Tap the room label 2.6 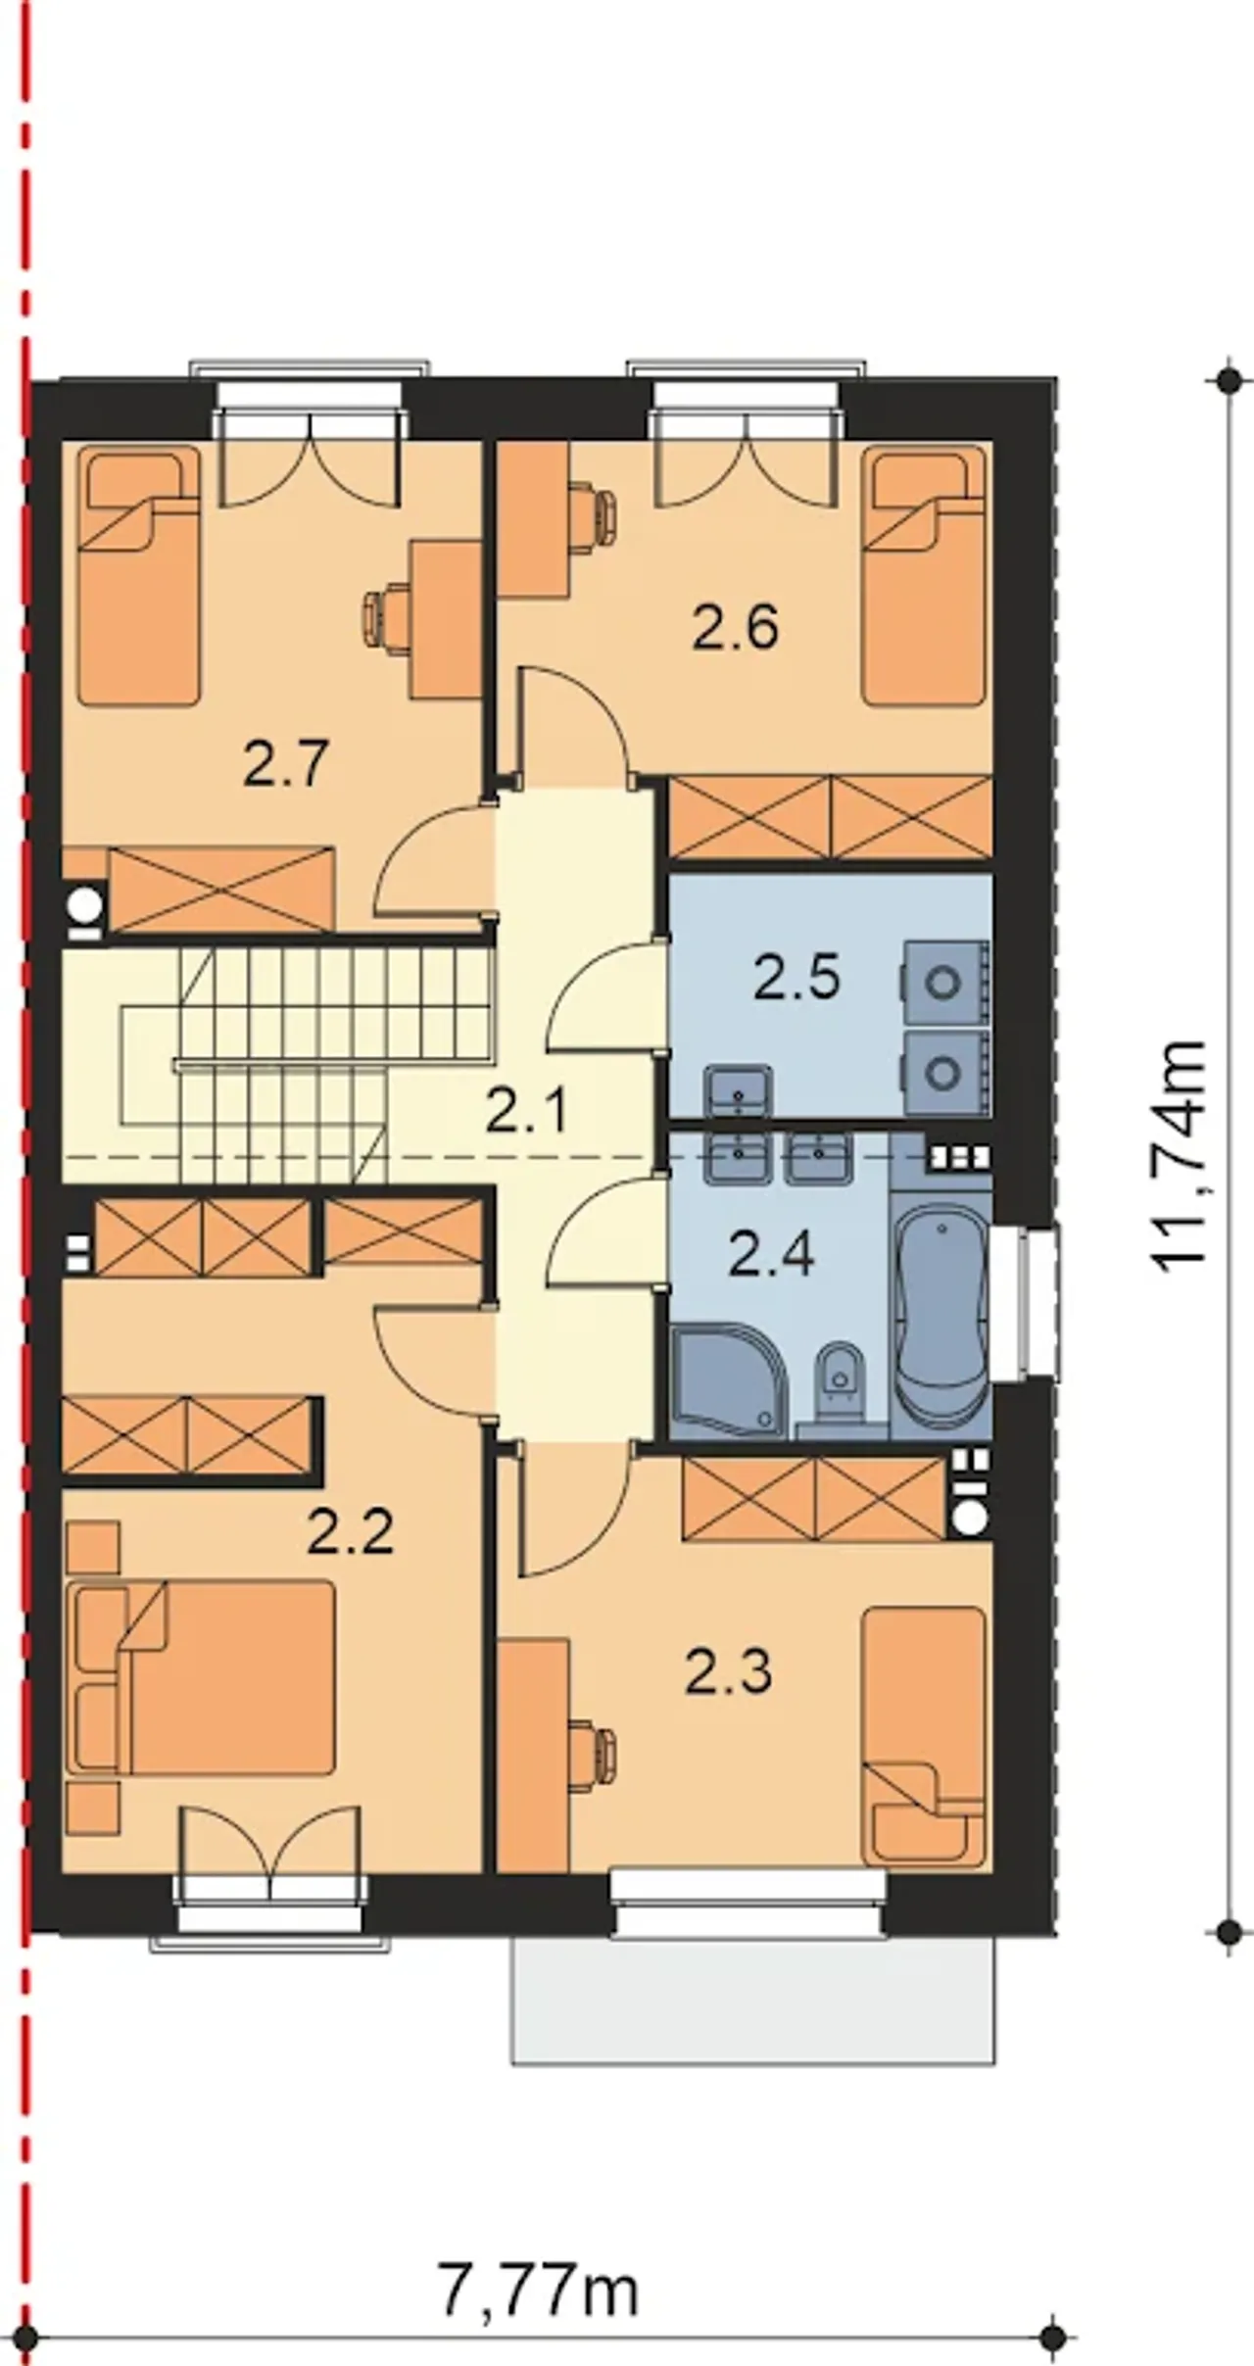point(736,627)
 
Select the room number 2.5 point(796,977)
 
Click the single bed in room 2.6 point(924,575)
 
